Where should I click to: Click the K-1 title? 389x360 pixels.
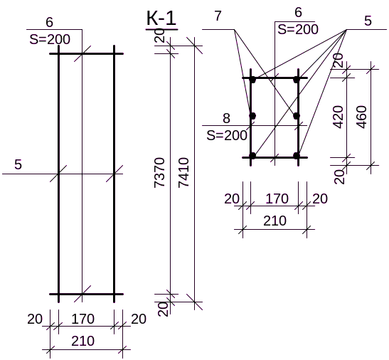[161, 18]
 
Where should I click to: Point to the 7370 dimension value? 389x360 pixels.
[159, 173]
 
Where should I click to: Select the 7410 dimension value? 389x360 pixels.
[183, 172]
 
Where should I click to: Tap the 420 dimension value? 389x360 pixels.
[338, 117]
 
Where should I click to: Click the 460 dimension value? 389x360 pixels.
[361, 117]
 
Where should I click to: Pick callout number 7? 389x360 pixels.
[218, 16]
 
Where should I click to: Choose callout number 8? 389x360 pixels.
[226, 118]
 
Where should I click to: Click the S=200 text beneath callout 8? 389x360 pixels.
[227, 135]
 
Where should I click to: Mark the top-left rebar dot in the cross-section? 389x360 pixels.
[252, 80]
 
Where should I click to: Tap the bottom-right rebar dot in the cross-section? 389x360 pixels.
[297, 156]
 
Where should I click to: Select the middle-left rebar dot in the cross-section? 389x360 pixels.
[252, 116]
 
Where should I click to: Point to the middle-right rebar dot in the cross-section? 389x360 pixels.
[297, 116]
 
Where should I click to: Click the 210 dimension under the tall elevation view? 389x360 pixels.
[83, 341]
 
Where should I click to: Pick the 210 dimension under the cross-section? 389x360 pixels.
[275, 221]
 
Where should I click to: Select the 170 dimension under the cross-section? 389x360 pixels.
[277, 198]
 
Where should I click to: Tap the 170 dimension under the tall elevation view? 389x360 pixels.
[83, 319]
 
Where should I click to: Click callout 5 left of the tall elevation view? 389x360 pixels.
[18, 164]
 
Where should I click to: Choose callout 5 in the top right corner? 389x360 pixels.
[368, 21]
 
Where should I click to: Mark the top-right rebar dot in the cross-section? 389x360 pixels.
[297, 80]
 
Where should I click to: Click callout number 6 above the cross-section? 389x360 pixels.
[298, 12]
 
